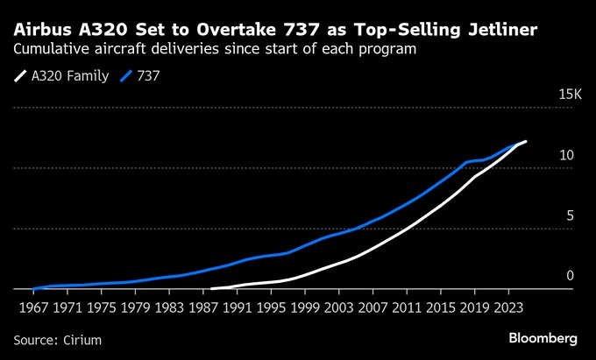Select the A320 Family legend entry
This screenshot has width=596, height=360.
(x=70, y=76)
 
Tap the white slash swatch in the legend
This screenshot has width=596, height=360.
(x=20, y=76)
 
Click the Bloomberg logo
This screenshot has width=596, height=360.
(x=543, y=337)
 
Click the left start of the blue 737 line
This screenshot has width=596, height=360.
(x=32, y=288)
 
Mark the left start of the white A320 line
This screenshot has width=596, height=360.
(x=212, y=287)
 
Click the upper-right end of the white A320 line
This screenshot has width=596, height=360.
(x=525, y=142)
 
